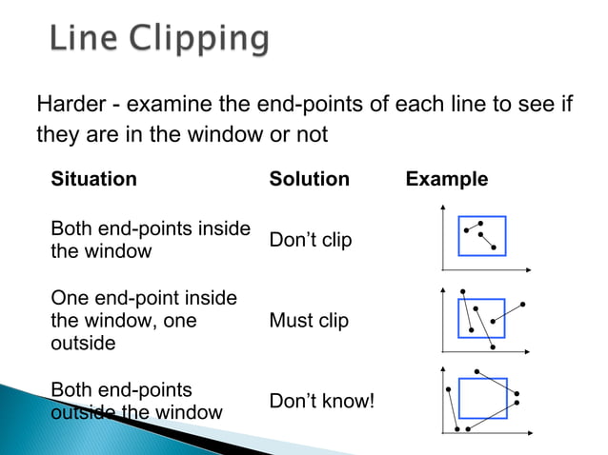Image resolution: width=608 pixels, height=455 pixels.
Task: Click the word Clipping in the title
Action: pos(200,39)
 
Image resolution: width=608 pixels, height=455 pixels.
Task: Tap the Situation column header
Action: pos(93,179)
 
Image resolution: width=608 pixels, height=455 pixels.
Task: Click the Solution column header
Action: pos(309,179)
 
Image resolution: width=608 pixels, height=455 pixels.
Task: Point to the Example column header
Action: pos(446,179)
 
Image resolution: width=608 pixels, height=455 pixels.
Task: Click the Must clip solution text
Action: pos(309,321)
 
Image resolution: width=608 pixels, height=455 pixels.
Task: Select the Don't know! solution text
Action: pos(322,402)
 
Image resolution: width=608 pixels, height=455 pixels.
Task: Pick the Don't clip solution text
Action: pos(311,240)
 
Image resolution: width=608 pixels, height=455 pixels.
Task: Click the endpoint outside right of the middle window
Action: pos(523,305)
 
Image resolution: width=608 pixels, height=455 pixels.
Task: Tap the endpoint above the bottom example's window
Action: pos(476,370)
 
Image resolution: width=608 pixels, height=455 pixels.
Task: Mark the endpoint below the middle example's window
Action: pos(492,347)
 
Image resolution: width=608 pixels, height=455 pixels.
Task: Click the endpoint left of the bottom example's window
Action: pos(447,388)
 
